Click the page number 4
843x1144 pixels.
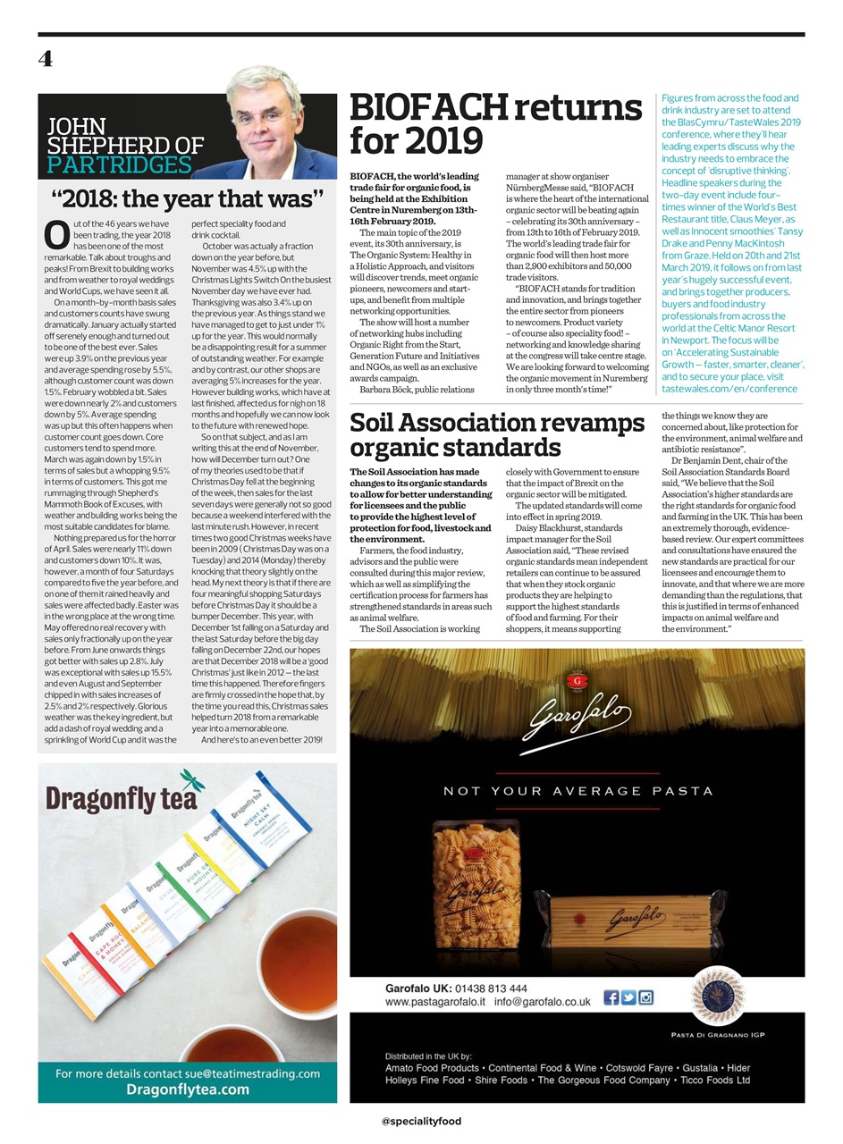46,59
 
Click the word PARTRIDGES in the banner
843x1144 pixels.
119,165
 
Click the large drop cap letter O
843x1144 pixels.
56,234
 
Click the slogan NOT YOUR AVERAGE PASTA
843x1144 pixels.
577,791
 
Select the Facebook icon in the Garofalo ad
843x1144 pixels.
611,997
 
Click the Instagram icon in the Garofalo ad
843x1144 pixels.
645,997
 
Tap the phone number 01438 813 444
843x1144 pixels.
491,988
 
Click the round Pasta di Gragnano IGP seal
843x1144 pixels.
717,997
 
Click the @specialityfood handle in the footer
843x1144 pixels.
421,1121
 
